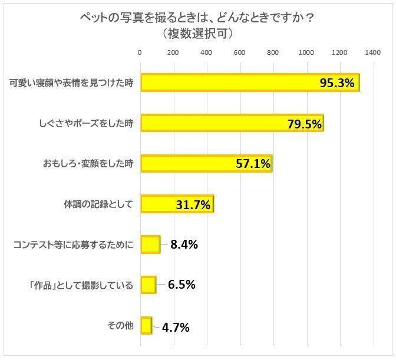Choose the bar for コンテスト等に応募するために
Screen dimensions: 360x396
(150, 245)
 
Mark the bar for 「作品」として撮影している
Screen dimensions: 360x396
(148, 285)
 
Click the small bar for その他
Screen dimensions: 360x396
(146, 326)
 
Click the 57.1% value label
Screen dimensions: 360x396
(252, 164)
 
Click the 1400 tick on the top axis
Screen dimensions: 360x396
(372, 53)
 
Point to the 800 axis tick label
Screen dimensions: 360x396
(273, 53)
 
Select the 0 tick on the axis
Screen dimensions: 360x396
(140, 53)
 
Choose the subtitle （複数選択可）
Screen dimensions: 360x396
(197, 34)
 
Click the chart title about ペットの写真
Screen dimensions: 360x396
(197, 18)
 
